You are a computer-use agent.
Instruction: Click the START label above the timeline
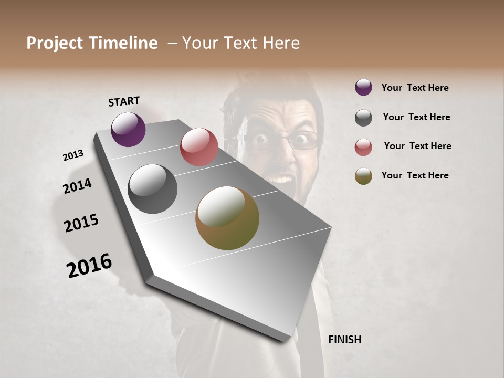(x=124, y=101)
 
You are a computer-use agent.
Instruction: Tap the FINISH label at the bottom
(x=344, y=340)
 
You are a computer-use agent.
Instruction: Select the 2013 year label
(x=73, y=155)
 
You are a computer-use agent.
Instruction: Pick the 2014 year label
(x=77, y=186)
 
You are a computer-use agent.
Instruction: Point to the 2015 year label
(x=81, y=223)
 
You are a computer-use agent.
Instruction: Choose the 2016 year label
(x=89, y=265)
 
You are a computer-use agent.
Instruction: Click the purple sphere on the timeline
(x=128, y=129)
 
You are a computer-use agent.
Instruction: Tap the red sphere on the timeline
(x=199, y=147)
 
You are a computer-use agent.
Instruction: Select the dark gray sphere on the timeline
(x=152, y=189)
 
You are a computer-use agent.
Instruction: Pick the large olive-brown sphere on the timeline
(x=227, y=218)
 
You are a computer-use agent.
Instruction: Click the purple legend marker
(x=363, y=87)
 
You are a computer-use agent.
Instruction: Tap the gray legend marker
(x=363, y=118)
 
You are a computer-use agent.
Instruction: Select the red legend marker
(x=363, y=147)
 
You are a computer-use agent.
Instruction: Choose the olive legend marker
(x=363, y=176)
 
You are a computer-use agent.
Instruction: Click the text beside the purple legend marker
(x=415, y=88)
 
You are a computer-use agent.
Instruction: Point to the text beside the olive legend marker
(x=415, y=175)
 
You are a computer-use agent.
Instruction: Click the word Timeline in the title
(x=123, y=43)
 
